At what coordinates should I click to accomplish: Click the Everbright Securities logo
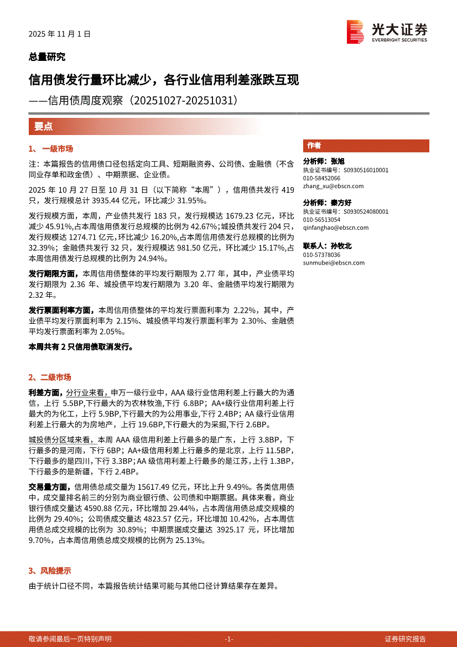tap(387, 32)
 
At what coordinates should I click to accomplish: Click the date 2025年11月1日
tap(59, 34)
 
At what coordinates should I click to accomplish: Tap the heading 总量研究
tap(47, 56)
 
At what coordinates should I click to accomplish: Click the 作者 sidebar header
tap(314, 146)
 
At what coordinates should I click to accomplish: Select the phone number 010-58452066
tap(322, 178)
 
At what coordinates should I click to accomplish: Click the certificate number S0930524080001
tap(366, 211)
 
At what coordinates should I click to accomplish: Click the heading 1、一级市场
tap(50, 149)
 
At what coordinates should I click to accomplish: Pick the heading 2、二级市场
tap(50, 377)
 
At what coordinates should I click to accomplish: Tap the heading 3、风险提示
tap(50, 571)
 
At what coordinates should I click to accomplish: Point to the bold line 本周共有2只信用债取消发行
tap(81, 347)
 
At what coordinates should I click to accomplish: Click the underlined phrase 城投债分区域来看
tap(62, 439)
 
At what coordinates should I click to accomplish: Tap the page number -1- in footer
tap(229, 639)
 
